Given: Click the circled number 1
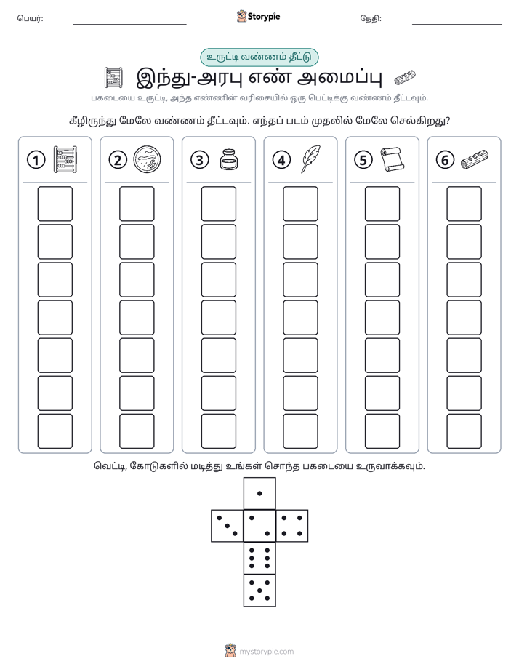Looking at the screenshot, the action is click(36, 160).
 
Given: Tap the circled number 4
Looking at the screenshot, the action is click(281, 160).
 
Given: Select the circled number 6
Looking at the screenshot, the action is click(445, 160).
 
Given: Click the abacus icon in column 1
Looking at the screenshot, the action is click(65, 159).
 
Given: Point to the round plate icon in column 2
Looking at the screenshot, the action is click(148, 159).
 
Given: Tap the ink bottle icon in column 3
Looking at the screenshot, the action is click(229, 159).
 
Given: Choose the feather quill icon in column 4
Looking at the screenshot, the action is click(310, 159).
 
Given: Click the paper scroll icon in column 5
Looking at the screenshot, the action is click(391, 159).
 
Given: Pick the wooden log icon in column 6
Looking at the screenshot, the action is click(475, 159).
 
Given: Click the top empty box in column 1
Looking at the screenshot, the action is click(55, 204).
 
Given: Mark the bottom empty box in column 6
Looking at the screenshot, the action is click(464, 431).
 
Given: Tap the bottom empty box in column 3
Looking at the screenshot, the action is click(218, 431).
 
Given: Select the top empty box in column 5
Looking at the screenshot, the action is click(382, 204).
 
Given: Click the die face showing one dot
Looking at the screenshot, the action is click(259, 493).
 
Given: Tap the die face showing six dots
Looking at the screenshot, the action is click(259, 558).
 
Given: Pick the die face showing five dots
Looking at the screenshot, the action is click(259, 591).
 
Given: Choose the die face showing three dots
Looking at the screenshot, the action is click(228, 526).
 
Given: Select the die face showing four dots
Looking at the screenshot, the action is click(292, 526).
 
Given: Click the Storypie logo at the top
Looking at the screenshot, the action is click(258, 17).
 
